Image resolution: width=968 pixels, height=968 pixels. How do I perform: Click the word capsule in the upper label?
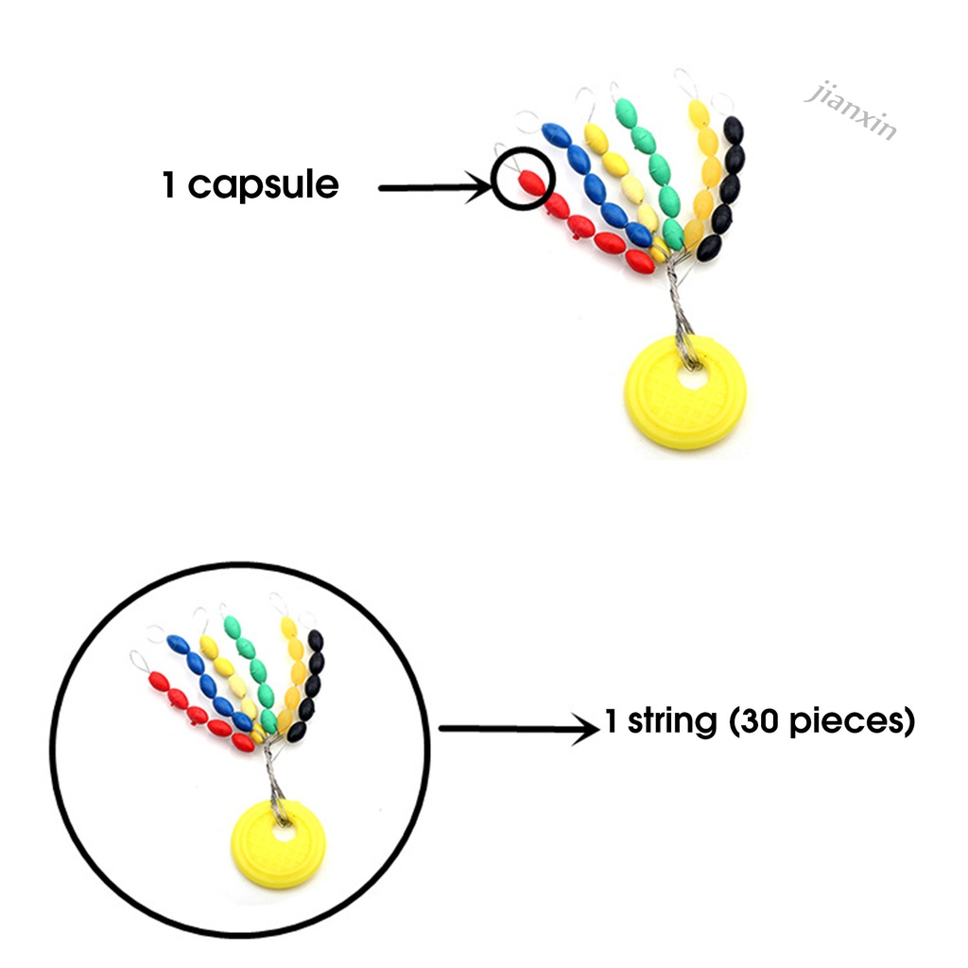click(x=263, y=186)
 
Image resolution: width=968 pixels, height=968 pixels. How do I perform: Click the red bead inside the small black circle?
click(x=532, y=181)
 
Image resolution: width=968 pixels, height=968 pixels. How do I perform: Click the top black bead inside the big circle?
click(x=315, y=641)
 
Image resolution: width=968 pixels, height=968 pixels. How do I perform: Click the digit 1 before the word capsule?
click(x=169, y=186)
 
